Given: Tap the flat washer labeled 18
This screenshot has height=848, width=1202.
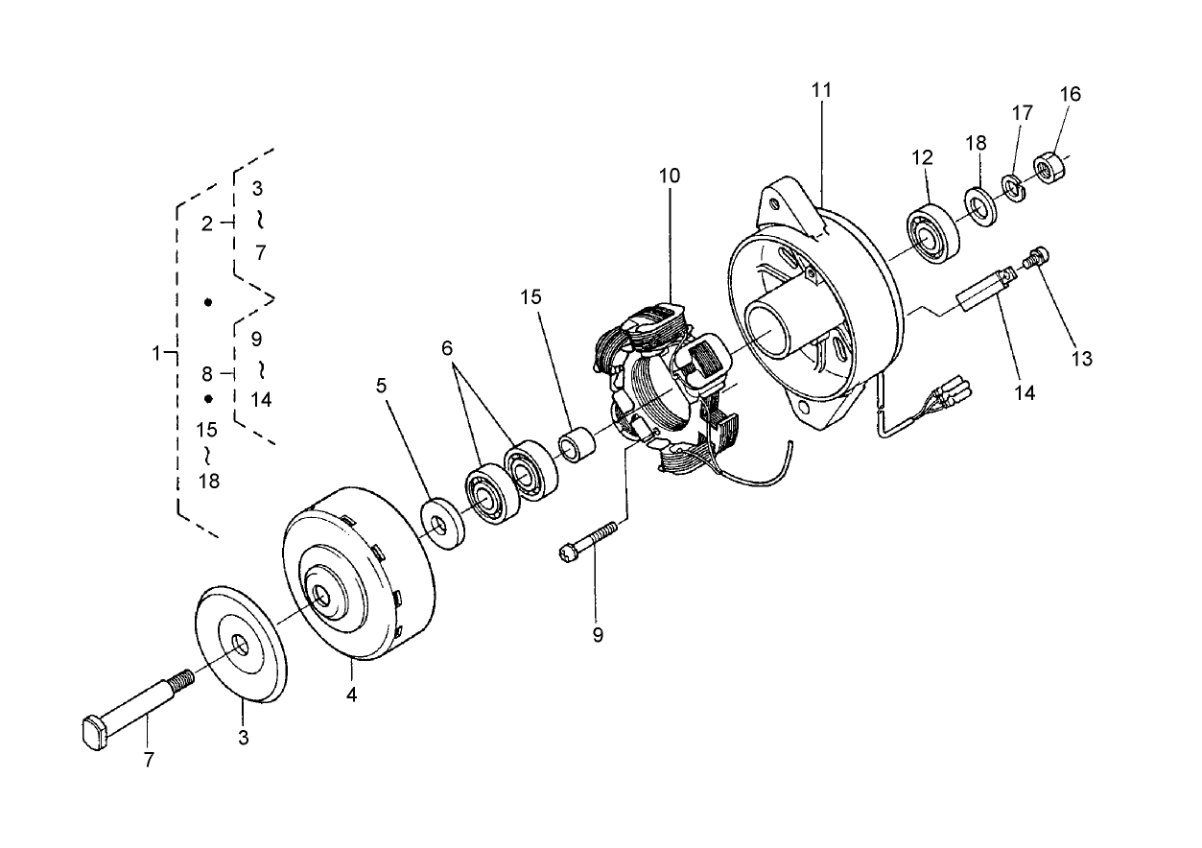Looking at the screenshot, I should [980, 206].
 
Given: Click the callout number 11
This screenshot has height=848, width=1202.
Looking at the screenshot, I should [821, 90].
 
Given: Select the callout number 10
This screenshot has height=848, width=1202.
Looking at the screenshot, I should [669, 177].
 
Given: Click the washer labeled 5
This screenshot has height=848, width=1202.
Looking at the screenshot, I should [441, 524].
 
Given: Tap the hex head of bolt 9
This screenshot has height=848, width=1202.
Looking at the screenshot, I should [566, 552].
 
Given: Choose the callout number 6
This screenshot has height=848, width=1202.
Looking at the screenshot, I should [447, 348].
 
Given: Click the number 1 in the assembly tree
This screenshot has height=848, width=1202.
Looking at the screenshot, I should [155, 353].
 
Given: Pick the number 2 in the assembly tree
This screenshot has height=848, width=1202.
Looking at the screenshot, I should [206, 224].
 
